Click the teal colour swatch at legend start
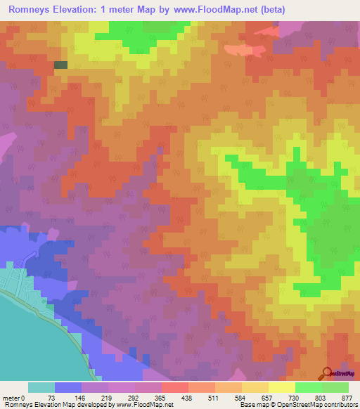[x=41, y=387]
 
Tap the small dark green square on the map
[x=61, y=65]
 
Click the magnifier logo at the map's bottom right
[x=328, y=373]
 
